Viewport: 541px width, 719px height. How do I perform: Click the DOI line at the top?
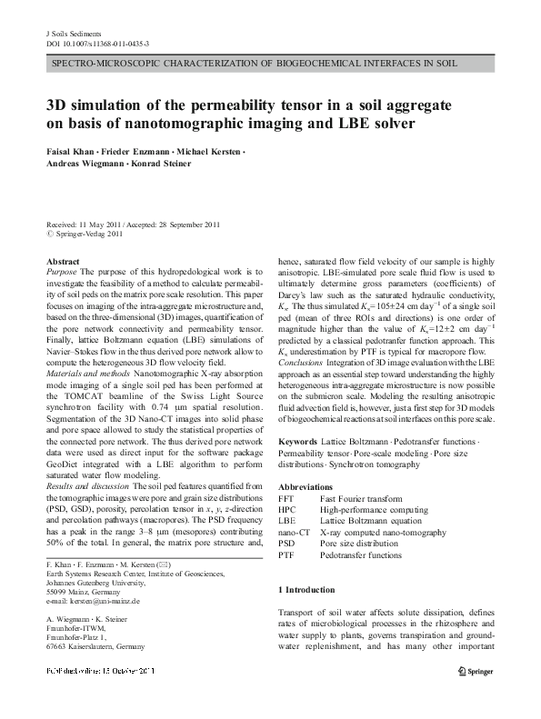[97, 44]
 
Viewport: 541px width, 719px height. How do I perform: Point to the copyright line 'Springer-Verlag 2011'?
[88, 234]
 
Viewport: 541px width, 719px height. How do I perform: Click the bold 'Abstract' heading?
[61, 261]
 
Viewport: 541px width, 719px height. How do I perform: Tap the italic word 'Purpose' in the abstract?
[61, 272]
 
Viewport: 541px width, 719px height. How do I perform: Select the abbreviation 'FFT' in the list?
[286, 499]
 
